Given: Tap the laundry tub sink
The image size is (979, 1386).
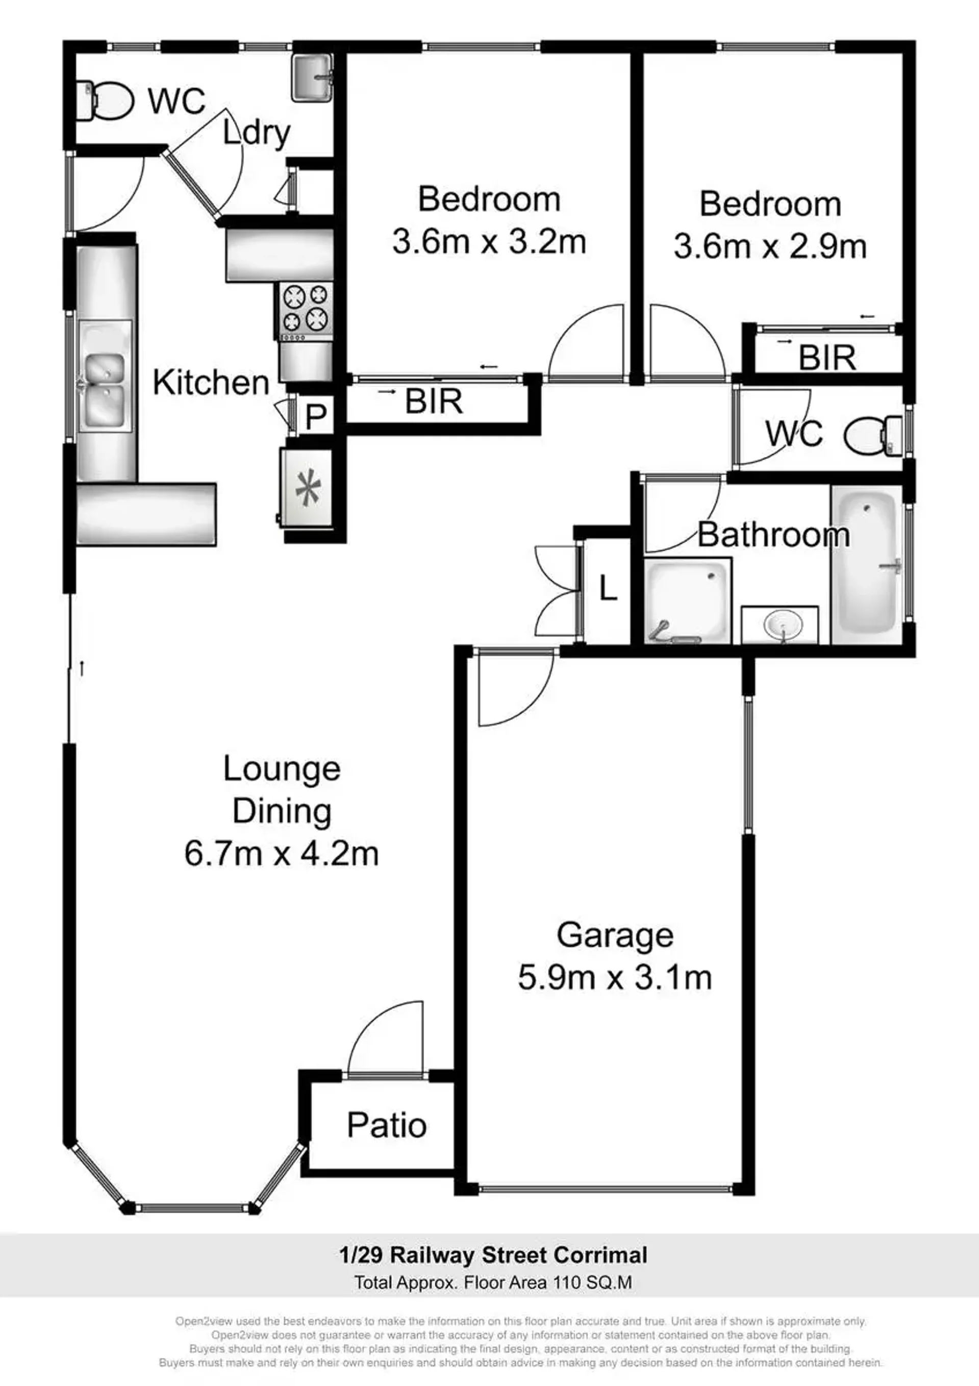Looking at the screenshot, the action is point(311,77).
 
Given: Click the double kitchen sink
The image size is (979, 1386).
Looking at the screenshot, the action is point(105,376).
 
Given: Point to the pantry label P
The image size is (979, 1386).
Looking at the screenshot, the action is point(316,416).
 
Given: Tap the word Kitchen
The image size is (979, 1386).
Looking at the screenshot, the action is point(211,383).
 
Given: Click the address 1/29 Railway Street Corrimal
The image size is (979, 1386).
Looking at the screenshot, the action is point(493,1255).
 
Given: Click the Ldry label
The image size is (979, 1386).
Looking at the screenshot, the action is point(257,133).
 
